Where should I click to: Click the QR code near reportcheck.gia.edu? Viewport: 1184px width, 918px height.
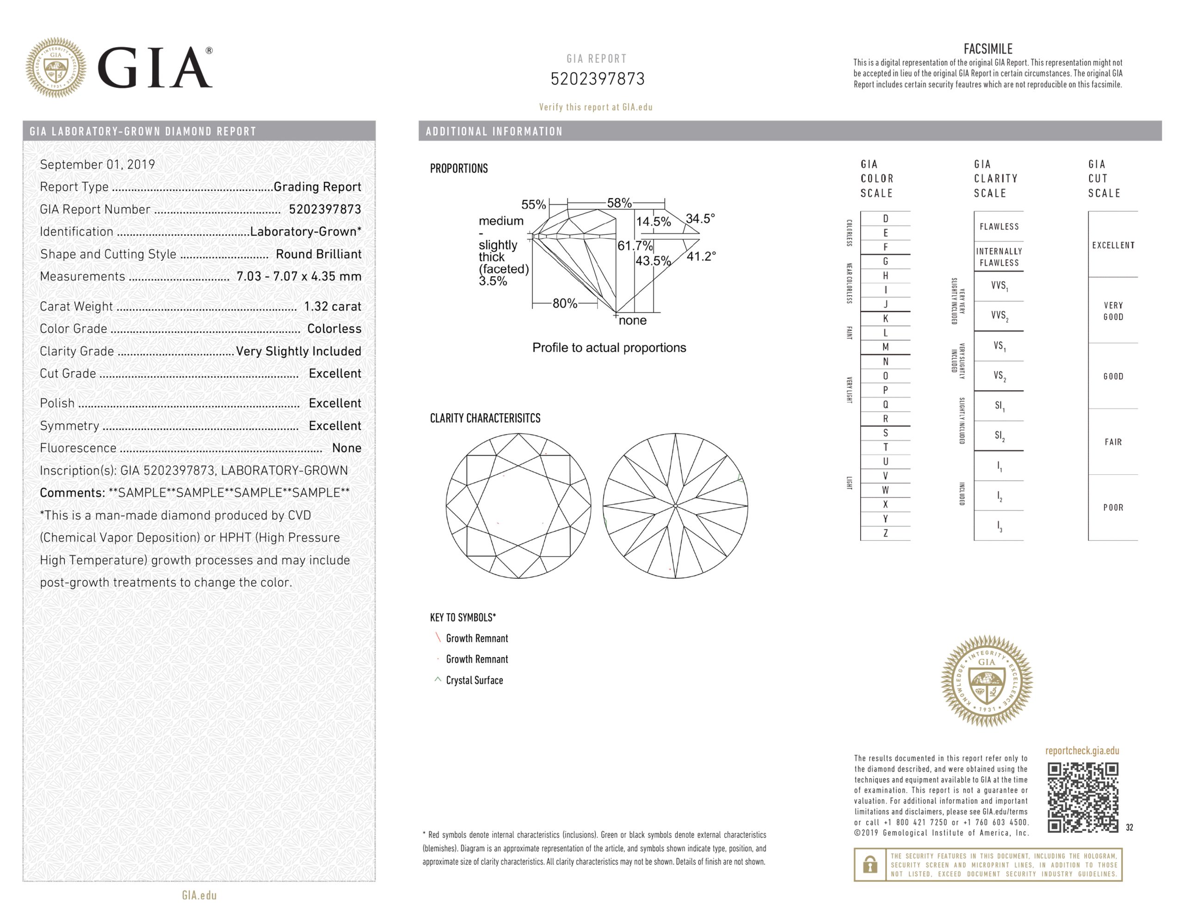(1082, 797)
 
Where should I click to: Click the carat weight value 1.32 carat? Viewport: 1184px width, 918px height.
(333, 306)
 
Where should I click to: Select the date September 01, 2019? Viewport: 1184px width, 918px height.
(98, 164)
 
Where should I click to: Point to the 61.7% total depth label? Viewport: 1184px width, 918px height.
(635, 246)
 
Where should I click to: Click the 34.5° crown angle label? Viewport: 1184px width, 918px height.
(700, 218)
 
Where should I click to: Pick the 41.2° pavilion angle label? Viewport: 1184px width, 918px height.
(701, 256)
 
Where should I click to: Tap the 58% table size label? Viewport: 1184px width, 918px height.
(619, 203)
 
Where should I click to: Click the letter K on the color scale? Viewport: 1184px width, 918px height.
(885, 318)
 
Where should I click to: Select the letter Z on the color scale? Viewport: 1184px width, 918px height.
(885, 533)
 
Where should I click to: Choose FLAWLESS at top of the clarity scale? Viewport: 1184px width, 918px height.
(999, 227)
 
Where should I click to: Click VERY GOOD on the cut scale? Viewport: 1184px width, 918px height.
(1113, 310)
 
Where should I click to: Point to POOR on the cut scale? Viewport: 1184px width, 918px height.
(1113, 508)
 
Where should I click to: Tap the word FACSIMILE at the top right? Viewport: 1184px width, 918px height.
(988, 49)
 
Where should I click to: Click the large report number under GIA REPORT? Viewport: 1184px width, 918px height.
(598, 79)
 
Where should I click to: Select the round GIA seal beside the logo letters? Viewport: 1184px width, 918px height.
(56, 68)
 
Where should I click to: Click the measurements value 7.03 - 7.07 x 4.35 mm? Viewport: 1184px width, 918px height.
(299, 276)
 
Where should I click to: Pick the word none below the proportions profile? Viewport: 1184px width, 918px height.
(632, 321)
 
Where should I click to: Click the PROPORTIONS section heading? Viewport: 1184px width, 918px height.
(459, 168)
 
